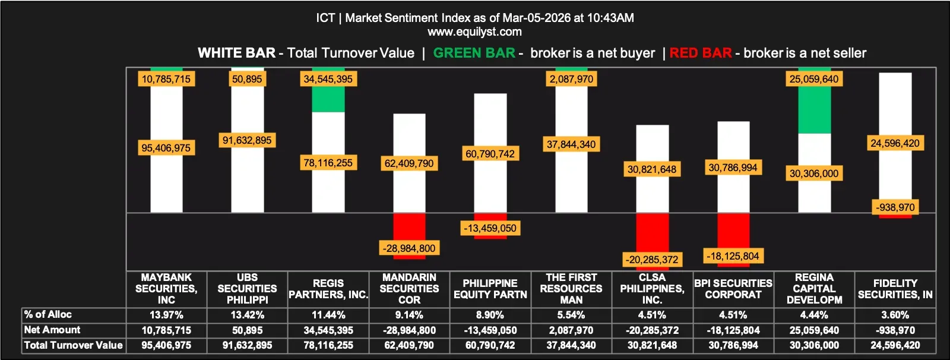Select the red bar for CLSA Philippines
(x=652, y=232)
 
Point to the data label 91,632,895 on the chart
(x=247, y=140)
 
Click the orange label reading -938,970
(x=895, y=207)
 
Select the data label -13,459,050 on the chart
(x=490, y=228)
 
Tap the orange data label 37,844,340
(x=571, y=144)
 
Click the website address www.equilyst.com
(x=474, y=32)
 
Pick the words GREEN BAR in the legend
(x=474, y=53)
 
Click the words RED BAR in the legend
(x=701, y=53)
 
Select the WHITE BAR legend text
(x=236, y=53)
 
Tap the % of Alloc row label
(x=48, y=314)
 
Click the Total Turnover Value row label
(x=73, y=345)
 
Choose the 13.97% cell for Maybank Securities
(x=166, y=315)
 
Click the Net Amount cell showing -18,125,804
(x=733, y=330)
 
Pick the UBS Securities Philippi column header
(x=247, y=289)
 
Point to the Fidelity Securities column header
(x=895, y=289)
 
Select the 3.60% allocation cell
(x=895, y=315)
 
